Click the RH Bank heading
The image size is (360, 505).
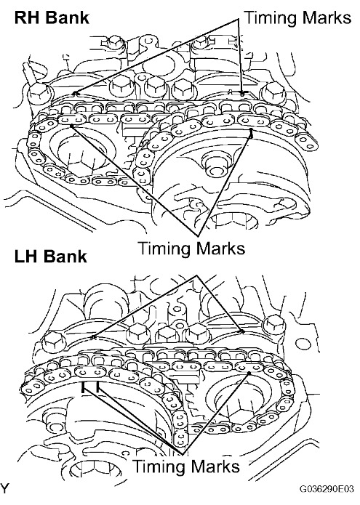pos(52,17)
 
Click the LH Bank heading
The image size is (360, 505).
pos(51,256)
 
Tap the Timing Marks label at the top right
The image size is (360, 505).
pos(298,17)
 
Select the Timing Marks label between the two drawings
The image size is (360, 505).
pos(192,249)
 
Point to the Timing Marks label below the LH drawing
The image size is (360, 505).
pos(187,466)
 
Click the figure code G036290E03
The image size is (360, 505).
pos(327,488)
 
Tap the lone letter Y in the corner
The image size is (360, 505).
pos(4,488)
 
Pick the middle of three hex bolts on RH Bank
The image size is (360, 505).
pos(153,86)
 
